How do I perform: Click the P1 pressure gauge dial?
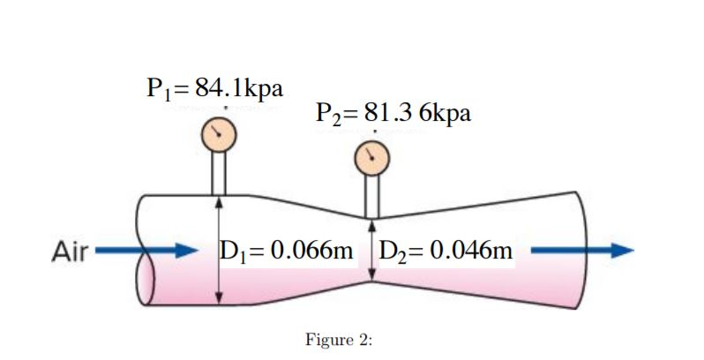(217, 133)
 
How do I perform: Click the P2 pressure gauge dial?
(371, 159)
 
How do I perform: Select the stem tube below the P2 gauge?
(371, 197)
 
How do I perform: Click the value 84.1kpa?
(239, 88)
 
